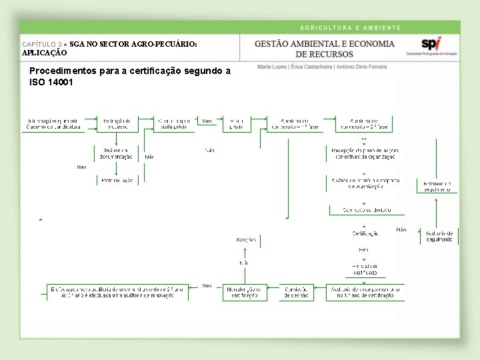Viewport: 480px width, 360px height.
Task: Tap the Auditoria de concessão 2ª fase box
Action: pyautogui.click(x=363, y=123)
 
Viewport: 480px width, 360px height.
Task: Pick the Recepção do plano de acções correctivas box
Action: pyautogui.click(x=365, y=153)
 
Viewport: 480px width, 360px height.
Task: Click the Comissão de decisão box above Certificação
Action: pyautogui.click(x=365, y=210)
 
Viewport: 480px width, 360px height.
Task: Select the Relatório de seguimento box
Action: pyautogui.click(x=437, y=186)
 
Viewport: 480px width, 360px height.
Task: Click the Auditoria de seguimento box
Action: pyautogui.click(x=439, y=236)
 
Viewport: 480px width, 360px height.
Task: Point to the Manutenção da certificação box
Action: pyautogui.click(x=245, y=292)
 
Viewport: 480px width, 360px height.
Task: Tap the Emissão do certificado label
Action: pyautogui.click(x=365, y=269)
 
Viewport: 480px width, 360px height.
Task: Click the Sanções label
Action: pyautogui.click(x=246, y=239)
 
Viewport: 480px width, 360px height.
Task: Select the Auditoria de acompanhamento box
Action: pyautogui.click(x=365, y=292)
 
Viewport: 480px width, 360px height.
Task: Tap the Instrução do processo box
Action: pyautogui.click(x=117, y=123)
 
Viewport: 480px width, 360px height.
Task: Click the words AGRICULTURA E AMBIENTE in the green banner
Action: pyautogui.click(x=350, y=28)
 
